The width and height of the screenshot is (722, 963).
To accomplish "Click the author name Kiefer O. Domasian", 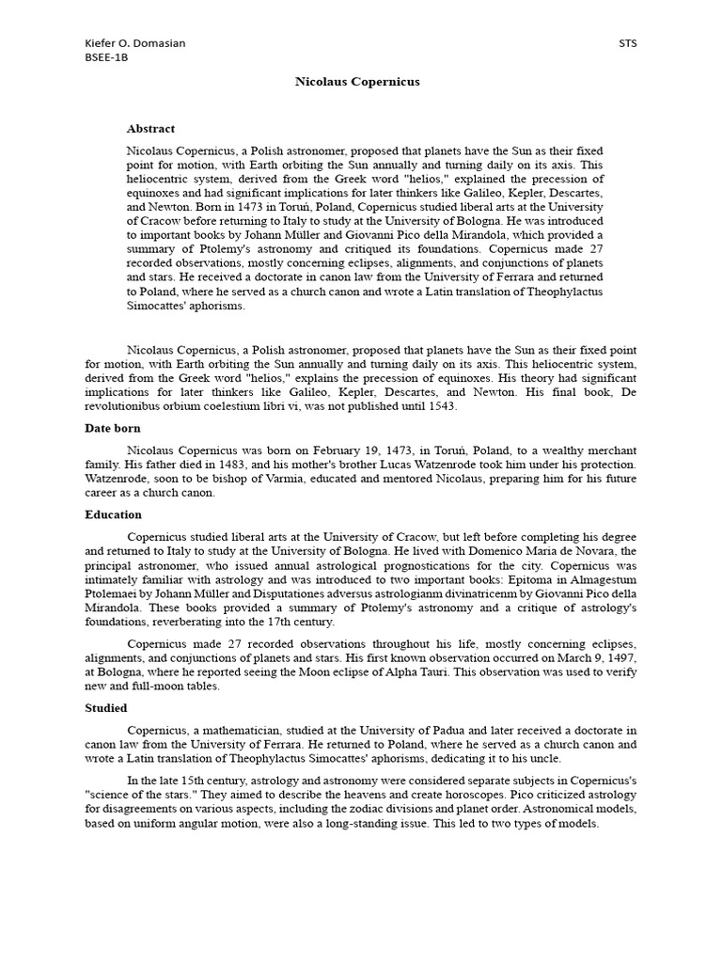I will tap(134, 44).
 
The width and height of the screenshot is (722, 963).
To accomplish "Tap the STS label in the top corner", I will tap(628, 44).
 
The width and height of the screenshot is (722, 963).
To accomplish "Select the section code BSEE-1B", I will tap(106, 57).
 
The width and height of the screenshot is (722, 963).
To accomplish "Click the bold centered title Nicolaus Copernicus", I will tap(357, 82).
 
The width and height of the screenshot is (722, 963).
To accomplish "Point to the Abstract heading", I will tap(150, 129).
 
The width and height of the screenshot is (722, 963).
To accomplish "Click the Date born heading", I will tap(113, 428).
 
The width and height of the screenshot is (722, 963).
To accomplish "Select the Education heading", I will tap(113, 515).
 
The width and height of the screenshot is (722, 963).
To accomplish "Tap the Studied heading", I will tap(106, 708).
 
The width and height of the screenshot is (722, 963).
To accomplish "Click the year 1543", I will tap(442, 406).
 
